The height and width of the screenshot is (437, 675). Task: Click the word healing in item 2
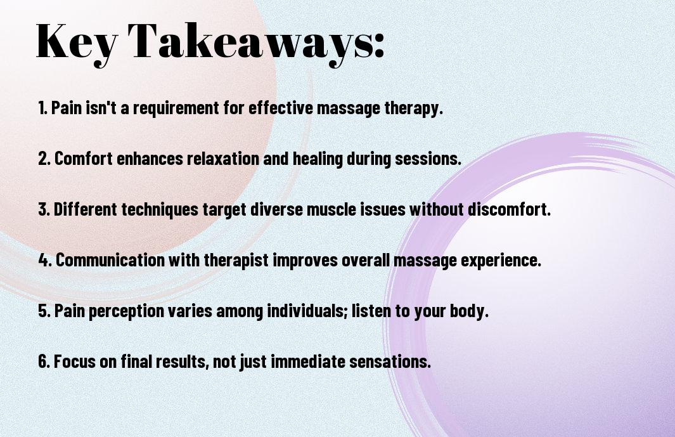click(x=318, y=159)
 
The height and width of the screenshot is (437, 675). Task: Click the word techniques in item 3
click(x=160, y=210)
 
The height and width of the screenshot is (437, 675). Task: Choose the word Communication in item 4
click(x=110, y=260)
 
